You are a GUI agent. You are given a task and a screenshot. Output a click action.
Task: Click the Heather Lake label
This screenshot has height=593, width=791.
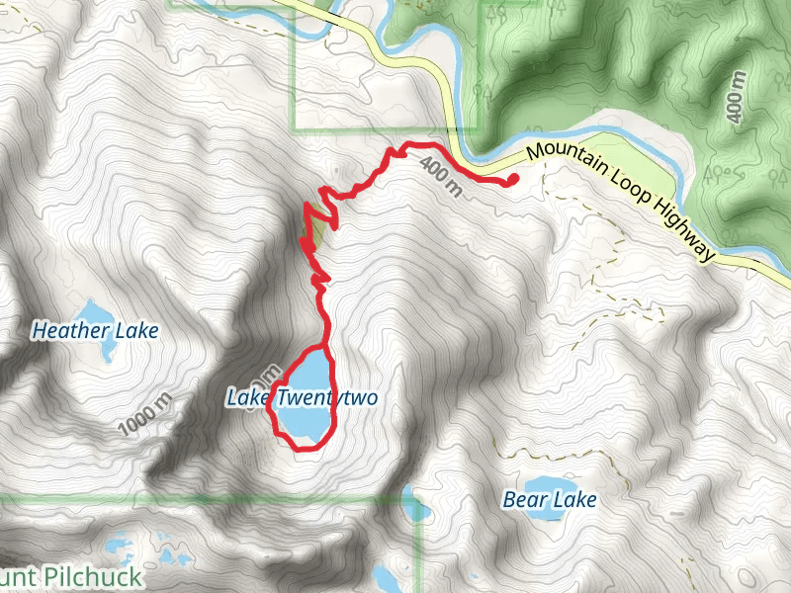pos(95,331)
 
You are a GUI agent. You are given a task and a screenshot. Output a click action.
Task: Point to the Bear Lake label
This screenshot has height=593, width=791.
pos(549,500)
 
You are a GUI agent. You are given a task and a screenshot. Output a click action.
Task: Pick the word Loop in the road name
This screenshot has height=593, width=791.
pos(632,183)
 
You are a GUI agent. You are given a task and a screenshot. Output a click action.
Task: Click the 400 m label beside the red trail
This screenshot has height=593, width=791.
pos(441,175)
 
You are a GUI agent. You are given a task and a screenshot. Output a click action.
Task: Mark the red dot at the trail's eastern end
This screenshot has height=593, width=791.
pos(513,179)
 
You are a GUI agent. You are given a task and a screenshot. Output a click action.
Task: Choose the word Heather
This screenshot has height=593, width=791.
pos(71,331)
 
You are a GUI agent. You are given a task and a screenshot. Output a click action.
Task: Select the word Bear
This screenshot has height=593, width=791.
pos(523,500)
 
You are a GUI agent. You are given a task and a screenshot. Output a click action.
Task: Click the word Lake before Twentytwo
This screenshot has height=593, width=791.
pos(247,398)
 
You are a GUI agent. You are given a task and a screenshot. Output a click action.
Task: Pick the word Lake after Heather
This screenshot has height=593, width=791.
pos(137,331)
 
